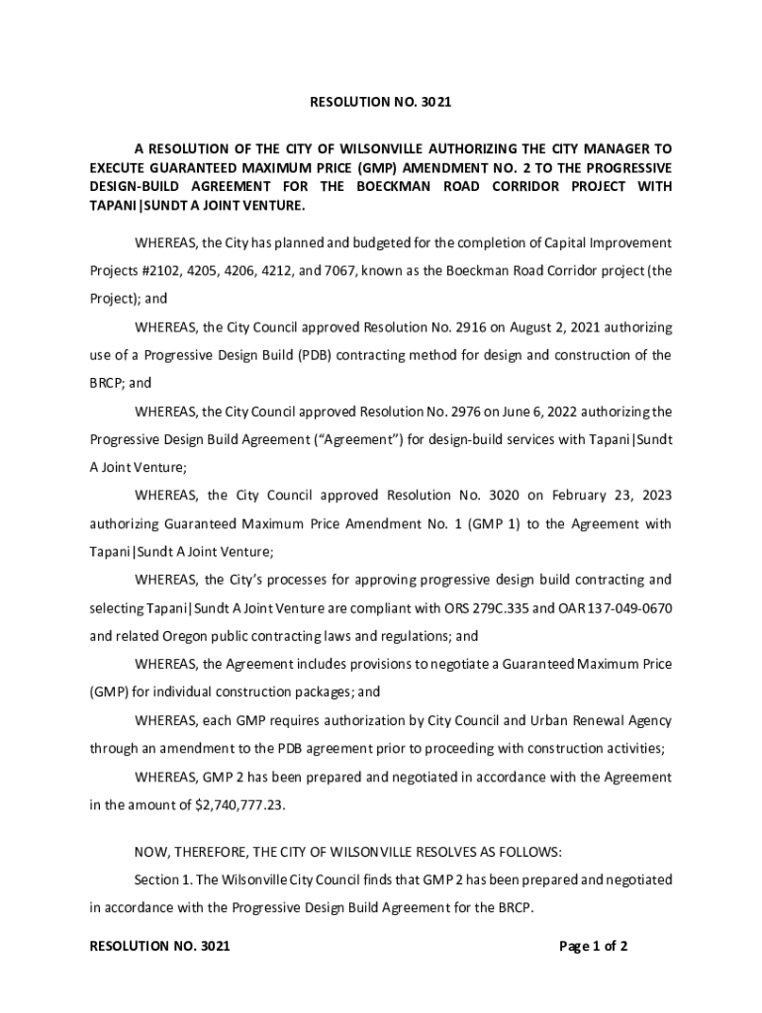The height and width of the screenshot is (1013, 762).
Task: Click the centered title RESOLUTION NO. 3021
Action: pyautogui.click(x=380, y=102)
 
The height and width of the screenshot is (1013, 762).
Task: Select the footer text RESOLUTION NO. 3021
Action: pyautogui.click(x=159, y=947)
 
